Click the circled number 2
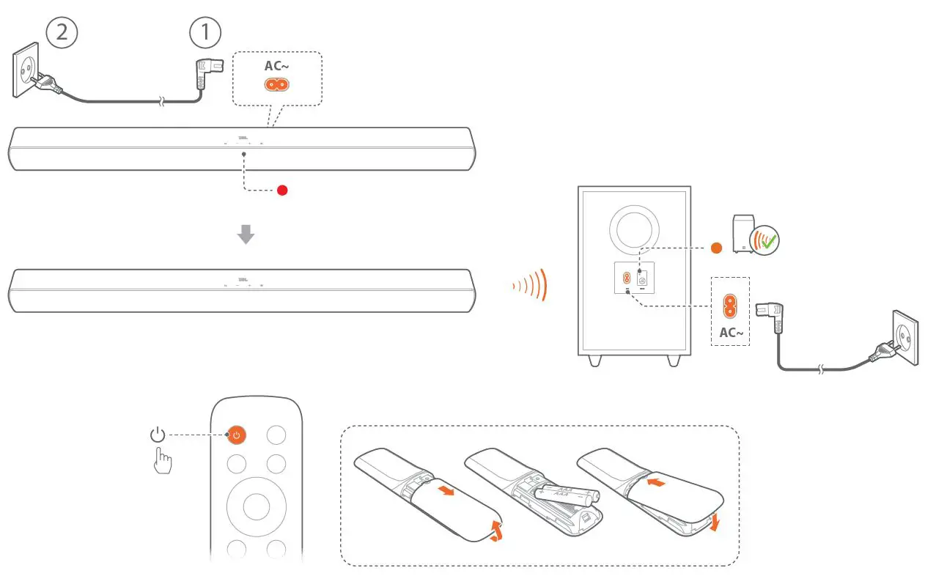[x=62, y=33]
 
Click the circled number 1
[x=204, y=33]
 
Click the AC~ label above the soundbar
[x=276, y=66]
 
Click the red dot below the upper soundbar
[x=282, y=191]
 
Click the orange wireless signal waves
[x=530, y=285]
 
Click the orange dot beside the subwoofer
[x=717, y=248]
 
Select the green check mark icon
[x=767, y=241]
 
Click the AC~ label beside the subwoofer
[x=731, y=333]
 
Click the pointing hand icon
[x=163, y=462]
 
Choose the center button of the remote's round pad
[x=256, y=505]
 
